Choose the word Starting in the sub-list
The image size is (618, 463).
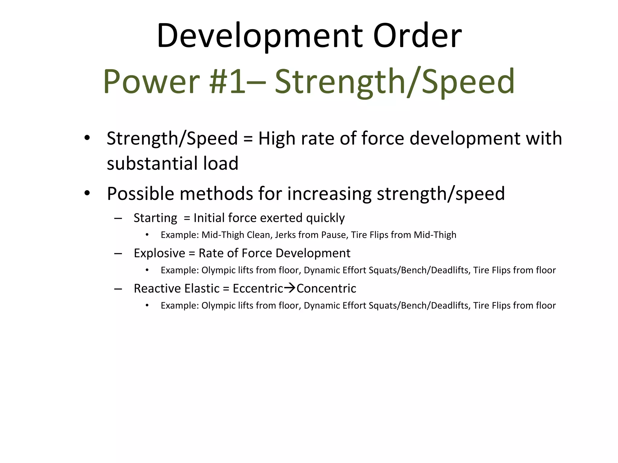pyautogui.click(x=155, y=218)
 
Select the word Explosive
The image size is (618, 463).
pyautogui.click(x=159, y=253)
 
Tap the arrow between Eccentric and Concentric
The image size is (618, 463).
pyautogui.click(x=290, y=288)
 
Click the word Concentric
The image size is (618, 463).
pyautogui.click(x=326, y=288)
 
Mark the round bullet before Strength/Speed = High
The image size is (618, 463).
pyautogui.click(x=87, y=138)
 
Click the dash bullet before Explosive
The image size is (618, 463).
pyautogui.click(x=118, y=254)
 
